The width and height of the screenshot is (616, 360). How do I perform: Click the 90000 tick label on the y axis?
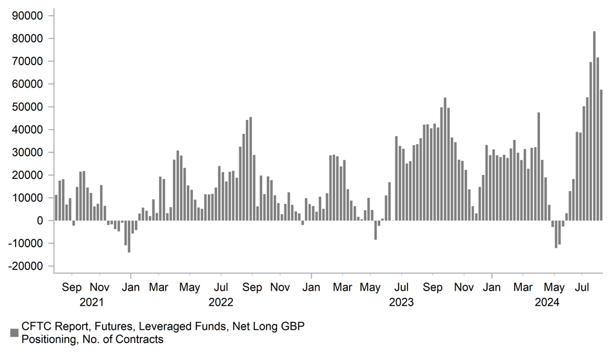(x=29, y=16)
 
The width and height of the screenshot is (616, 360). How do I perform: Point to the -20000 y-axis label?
(x=28, y=266)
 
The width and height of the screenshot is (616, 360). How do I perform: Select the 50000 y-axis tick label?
(x=29, y=107)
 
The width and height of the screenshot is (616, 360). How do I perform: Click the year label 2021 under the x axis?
(x=91, y=302)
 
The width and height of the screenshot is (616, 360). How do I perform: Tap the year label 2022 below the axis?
(x=221, y=302)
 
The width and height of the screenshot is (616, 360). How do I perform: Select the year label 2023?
(x=401, y=302)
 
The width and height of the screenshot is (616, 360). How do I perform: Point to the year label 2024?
(x=547, y=302)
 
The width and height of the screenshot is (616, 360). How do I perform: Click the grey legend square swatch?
(x=14, y=333)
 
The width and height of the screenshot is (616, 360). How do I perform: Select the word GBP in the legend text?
(x=292, y=326)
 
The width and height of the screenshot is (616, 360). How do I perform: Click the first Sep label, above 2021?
(x=72, y=288)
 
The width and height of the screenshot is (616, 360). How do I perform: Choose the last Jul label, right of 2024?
(x=583, y=288)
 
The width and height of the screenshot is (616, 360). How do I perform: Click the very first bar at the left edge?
(x=56, y=207)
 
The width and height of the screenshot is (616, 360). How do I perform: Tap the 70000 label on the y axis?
(x=29, y=62)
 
